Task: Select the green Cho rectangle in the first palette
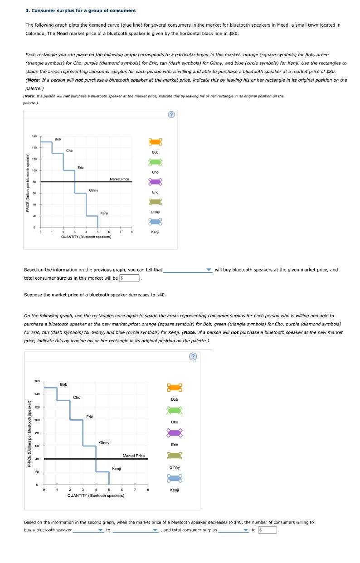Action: [x=155, y=162]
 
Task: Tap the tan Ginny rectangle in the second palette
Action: [x=175, y=456]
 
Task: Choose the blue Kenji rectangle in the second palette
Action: [x=175, y=478]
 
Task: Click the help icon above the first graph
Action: [x=171, y=115]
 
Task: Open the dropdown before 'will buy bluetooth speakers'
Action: [x=188, y=270]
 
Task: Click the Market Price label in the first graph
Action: [x=119, y=179]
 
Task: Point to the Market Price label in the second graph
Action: [x=134, y=456]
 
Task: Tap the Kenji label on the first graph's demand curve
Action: [x=104, y=213]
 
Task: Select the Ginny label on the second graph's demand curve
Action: [x=104, y=442]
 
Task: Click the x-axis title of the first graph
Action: [x=86, y=236]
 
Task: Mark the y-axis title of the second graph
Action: [x=29, y=434]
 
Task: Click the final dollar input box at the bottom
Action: [x=268, y=530]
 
